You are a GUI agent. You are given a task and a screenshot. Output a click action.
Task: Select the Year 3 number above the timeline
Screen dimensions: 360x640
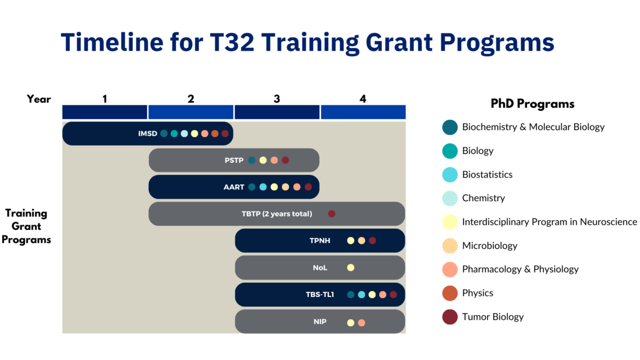tap(277, 99)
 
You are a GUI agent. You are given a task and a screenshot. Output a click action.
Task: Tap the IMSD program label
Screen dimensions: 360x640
tap(147, 133)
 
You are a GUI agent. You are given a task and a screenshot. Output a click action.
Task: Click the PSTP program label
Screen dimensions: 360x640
tap(234, 160)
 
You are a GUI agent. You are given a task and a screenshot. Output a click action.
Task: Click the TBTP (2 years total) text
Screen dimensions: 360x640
tap(277, 214)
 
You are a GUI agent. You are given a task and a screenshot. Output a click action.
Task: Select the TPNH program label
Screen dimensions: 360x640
tap(320, 241)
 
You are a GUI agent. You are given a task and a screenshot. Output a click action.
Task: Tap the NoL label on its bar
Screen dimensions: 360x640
tap(320, 267)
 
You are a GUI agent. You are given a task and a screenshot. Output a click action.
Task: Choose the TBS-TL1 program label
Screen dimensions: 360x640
tap(320, 295)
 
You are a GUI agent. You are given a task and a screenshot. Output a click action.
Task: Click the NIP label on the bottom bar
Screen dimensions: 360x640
tap(320, 322)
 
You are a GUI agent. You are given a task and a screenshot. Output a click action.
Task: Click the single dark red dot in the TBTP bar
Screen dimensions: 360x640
tap(332, 214)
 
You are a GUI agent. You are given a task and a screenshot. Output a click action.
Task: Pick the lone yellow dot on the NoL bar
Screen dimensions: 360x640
tap(351, 267)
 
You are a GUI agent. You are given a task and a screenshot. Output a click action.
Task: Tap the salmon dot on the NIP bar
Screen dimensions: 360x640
tap(361, 323)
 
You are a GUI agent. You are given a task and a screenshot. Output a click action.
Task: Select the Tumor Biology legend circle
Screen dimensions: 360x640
tap(449, 317)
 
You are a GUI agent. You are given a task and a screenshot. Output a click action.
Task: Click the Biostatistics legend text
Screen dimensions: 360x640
tap(487, 174)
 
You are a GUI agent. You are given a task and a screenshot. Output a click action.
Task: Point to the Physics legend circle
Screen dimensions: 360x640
tap(449, 293)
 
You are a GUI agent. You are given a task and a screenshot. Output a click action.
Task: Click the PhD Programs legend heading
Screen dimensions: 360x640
tap(532, 104)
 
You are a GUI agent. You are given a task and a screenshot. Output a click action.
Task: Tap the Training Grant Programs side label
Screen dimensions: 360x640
tap(26, 227)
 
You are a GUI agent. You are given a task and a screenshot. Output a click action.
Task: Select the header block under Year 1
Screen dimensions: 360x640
tap(105, 112)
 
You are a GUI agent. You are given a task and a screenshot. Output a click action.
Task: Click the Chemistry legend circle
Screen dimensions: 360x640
tap(449, 198)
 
